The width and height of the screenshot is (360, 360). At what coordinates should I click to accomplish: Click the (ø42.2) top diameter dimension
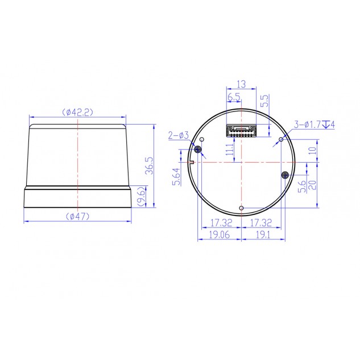point(77,112)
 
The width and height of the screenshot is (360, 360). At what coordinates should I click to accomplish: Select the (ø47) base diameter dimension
point(77,216)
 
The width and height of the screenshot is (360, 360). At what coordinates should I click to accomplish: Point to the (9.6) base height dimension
point(142,196)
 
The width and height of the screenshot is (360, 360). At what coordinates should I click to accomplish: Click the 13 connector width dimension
point(241,84)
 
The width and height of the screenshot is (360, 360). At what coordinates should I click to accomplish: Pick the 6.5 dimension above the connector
point(234,97)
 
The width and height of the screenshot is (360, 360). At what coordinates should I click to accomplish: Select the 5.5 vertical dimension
point(264,101)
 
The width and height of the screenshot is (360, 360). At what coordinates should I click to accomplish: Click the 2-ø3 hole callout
point(179,135)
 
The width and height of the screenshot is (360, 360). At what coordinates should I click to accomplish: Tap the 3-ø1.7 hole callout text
point(308,125)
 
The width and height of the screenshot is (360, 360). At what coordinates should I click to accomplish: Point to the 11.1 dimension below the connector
point(230,150)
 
